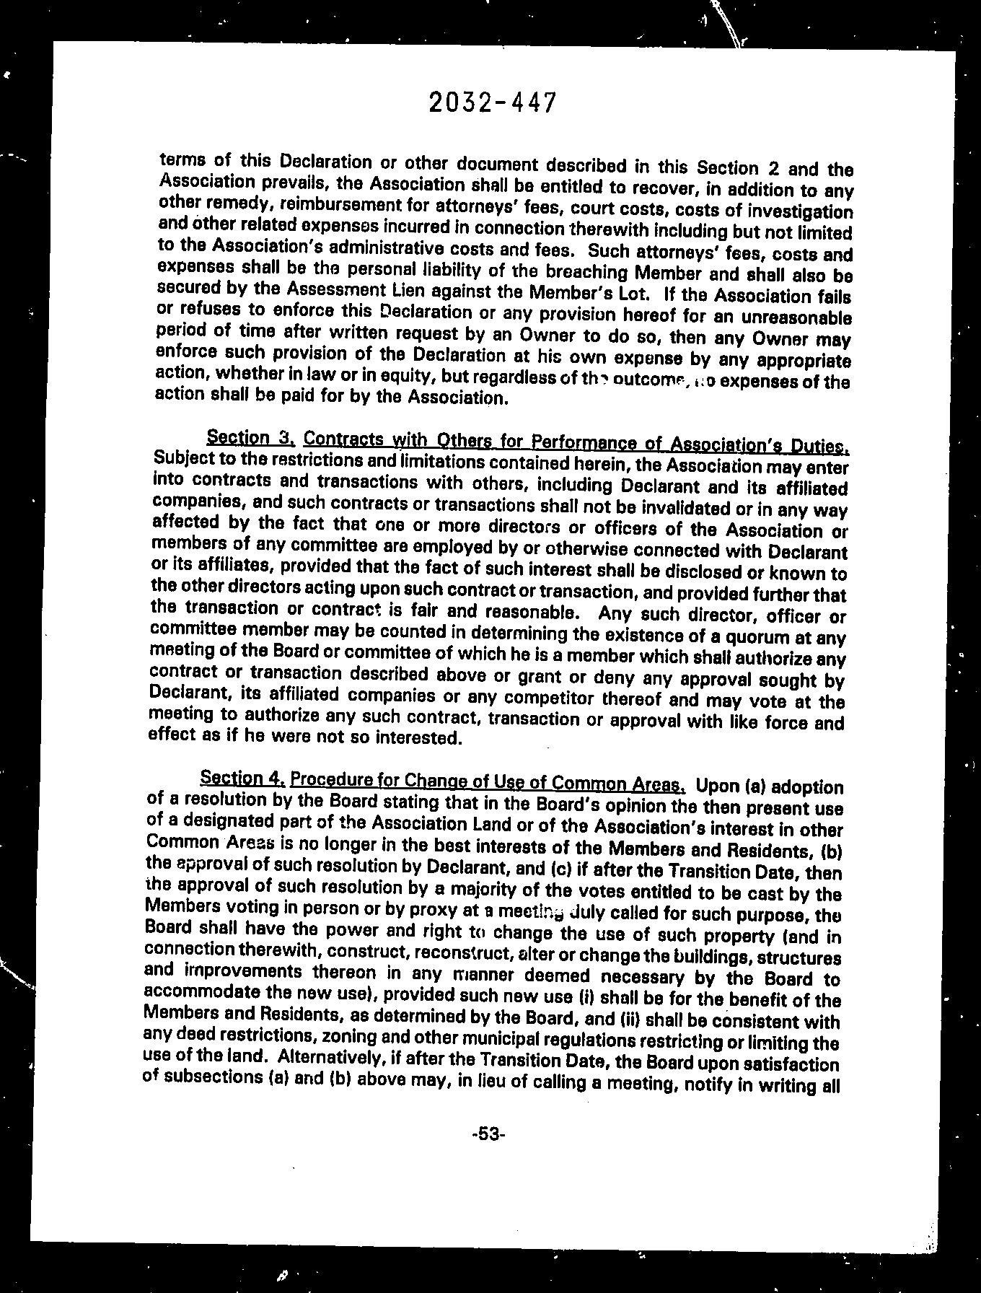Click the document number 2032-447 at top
[x=493, y=102]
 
